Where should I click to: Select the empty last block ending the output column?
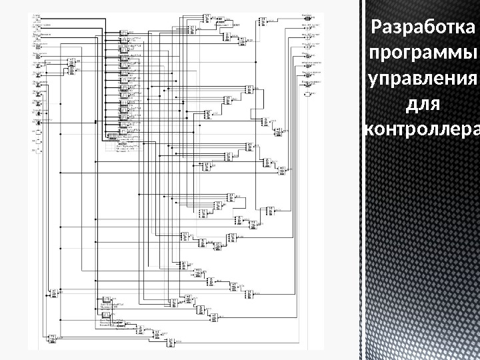tap(308, 95)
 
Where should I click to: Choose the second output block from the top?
tap(308, 26)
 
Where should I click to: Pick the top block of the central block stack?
tap(123, 32)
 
